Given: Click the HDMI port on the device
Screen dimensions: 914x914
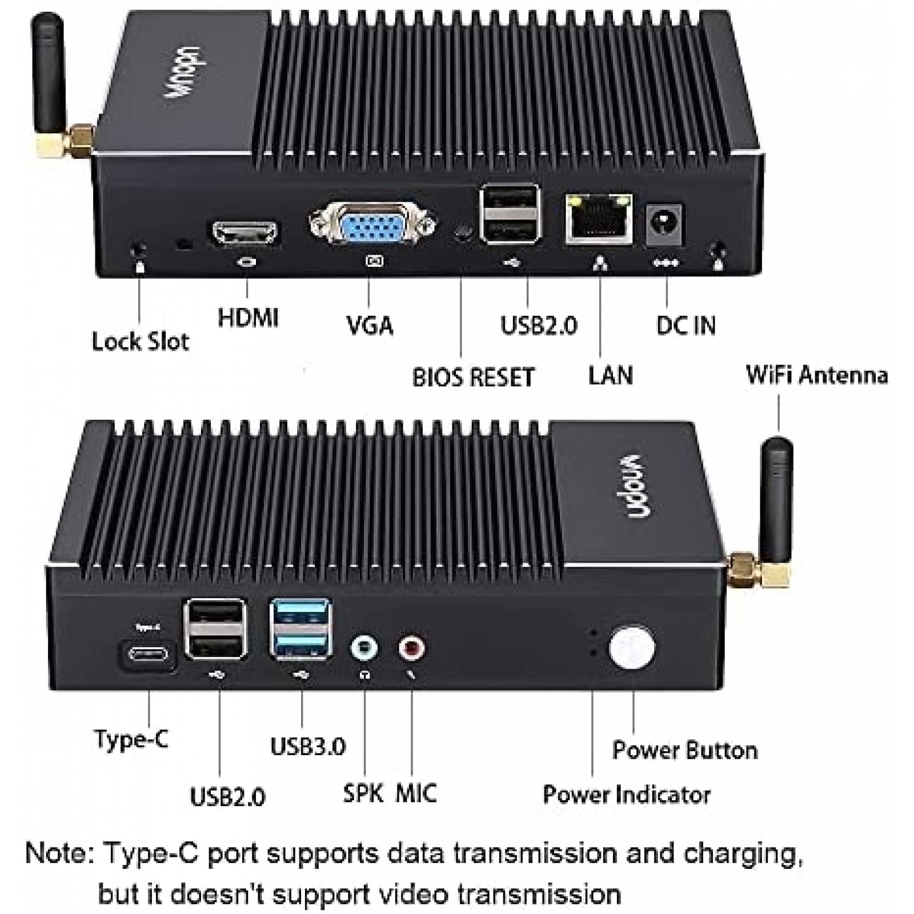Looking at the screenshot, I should pos(244,234).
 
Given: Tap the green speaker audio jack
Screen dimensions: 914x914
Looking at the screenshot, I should pos(364,648).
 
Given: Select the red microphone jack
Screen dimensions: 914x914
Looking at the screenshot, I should pos(411,648).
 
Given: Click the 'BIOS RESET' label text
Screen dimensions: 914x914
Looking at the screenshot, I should pos(473,378).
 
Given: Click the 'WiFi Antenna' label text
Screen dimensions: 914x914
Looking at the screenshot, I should pos(816,375).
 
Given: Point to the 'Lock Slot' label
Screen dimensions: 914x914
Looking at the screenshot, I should pos(140,342).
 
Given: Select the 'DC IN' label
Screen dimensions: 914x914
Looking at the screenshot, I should pos(685,326).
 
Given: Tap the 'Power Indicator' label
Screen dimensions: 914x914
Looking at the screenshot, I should pos(626,795).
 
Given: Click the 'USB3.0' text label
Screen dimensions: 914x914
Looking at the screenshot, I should pos(307,746).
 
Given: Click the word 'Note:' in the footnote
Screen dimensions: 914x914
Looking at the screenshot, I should pos(60,854).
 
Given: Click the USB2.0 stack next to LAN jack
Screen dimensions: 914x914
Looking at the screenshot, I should pos(510,214).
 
